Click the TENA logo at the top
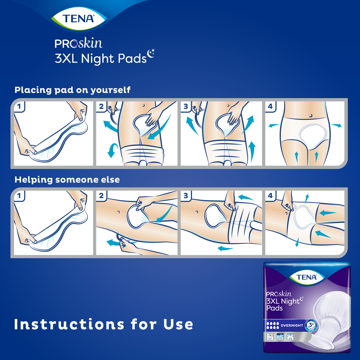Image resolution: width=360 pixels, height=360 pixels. pyautogui.click(x=78, y=19)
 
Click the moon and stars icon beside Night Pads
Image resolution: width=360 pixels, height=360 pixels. pyautogui.click(x=151, y=53)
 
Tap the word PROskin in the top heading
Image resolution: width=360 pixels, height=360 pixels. pyautogui.click(x=78, y=44)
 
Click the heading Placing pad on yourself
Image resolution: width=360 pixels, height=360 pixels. pyautogui.click(x=72, y=90)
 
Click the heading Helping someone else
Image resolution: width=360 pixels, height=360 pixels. pyautogui.click(x=67, y=180)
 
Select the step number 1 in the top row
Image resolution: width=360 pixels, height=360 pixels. pyautogui.click(x=19, y=106)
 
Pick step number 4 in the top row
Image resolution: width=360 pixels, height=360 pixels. pyautogui.click(x=270, y=106)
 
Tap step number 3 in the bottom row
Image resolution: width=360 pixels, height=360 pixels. pyautogui.click(x=186, y=196)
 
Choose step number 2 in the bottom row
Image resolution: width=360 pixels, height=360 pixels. pyautogui.click(x=101, y=196)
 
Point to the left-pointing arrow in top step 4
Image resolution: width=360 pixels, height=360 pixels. pyautogui.click(x=274, y=125)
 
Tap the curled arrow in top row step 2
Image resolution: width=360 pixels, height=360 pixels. pyautogui.click(x=112, y=150)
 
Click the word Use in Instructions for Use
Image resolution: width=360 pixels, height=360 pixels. pyautogui.click(x=178, y=324)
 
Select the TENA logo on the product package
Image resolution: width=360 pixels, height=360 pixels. pyautogui.click(x=306, y=277)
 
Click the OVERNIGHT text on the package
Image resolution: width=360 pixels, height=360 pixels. pyautogui.click(x=292, y=325)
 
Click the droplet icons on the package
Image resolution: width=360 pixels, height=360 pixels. pyautogui.click(x=273, y=325)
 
